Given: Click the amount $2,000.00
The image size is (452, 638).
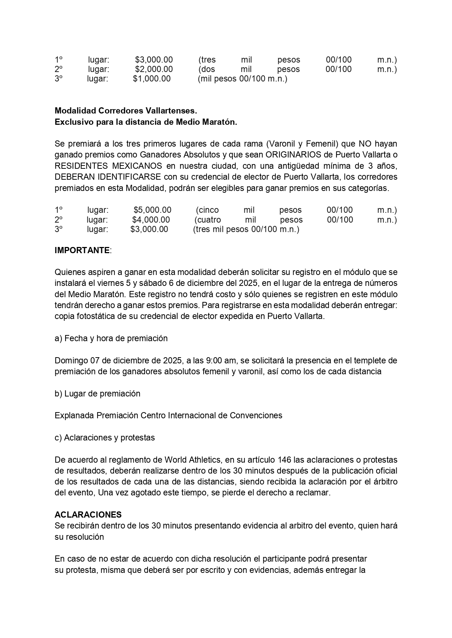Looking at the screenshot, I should [154, 69].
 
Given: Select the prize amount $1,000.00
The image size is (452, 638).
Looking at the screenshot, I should [152, 79].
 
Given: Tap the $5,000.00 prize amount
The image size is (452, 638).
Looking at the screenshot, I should [152, 210].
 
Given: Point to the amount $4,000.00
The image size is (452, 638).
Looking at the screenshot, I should [151, 220].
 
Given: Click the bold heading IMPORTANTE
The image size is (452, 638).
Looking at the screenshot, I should [82, 250].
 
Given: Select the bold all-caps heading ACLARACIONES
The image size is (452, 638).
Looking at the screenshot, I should [88, 515].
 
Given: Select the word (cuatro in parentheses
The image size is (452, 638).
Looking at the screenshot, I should [208, 220].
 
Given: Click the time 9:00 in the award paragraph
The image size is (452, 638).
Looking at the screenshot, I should [215, 360].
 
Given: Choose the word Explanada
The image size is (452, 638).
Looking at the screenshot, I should [74, 415].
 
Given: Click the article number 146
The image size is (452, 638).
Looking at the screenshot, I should [284, 460].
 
